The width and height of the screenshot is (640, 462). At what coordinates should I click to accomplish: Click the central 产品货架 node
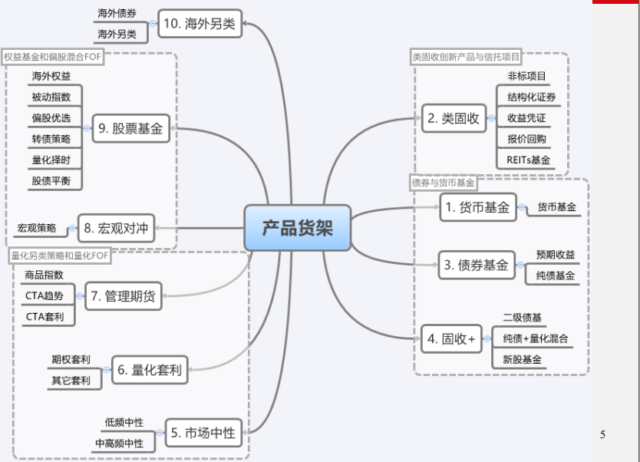point(298,227)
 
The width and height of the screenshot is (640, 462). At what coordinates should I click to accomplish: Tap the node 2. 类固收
point(454,118)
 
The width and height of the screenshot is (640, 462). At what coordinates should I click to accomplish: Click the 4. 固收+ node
point(452,338)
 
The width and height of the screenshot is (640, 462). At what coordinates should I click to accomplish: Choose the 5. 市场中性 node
point(203,433)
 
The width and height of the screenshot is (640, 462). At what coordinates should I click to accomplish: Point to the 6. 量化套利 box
point(150,370)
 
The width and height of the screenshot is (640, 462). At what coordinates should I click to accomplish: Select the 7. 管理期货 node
point(123,295)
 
